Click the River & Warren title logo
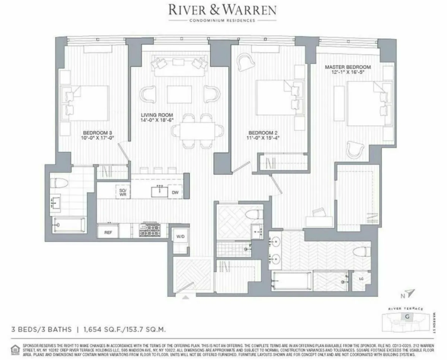222,10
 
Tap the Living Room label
156,118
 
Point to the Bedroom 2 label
264,135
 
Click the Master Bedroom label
348,70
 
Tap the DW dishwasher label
175,192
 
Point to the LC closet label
361,278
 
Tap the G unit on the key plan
405,317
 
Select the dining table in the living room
197,131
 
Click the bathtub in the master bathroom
292,281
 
